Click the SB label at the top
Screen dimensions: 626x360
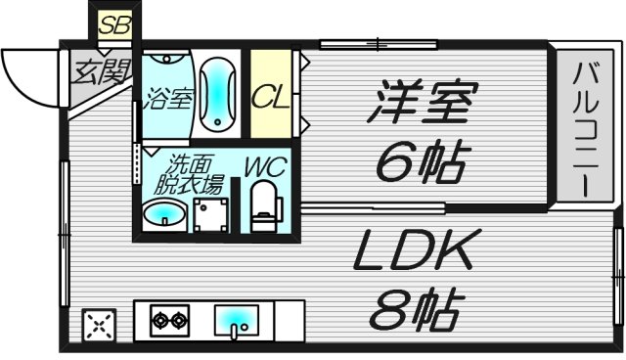tap(114, 24)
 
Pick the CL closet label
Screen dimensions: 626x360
tap(269, 97)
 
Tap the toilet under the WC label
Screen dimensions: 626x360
tap(262, 207)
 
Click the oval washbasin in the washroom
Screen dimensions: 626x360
tap(161, 214)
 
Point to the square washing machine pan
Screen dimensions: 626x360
tap(208, 214)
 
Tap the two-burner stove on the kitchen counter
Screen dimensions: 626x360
tap(168, 320)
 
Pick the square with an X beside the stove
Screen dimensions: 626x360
tap(98, 326)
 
